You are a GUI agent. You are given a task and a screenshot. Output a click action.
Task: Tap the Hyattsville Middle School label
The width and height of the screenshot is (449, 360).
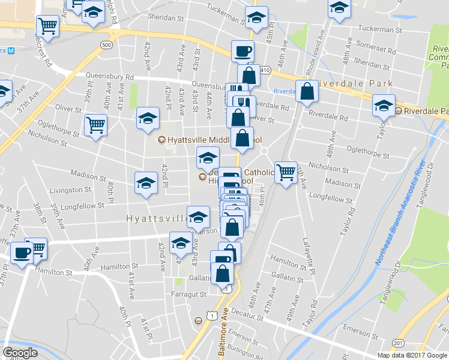210,140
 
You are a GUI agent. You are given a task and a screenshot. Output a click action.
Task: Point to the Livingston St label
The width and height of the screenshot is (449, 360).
69,190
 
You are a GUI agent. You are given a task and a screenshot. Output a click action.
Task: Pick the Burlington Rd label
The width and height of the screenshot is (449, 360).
251,353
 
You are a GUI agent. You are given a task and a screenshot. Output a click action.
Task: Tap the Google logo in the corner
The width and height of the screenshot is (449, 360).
20,352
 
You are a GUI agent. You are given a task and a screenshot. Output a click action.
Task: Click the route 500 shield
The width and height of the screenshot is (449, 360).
106,46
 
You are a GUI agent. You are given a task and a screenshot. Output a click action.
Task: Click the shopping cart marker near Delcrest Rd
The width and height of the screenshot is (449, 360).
47,26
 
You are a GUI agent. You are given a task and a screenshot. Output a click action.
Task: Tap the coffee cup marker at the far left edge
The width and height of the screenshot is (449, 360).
22,253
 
